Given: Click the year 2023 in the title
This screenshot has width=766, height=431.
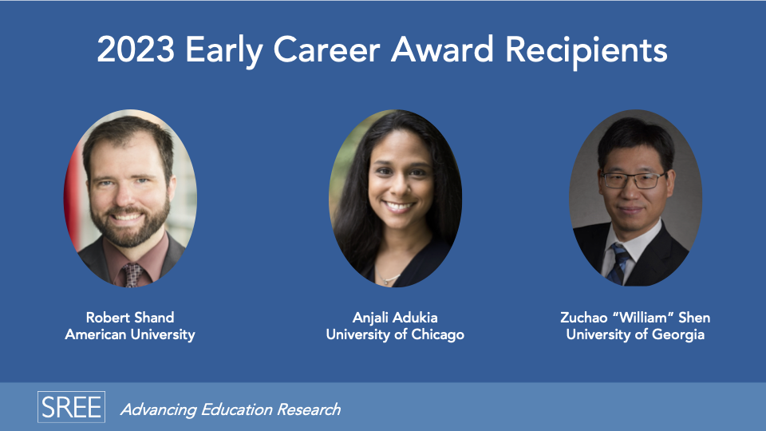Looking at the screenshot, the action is coord(136,49).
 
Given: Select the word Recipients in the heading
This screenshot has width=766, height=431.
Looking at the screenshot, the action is coord(586,52).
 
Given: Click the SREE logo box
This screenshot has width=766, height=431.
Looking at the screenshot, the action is coord(71,406).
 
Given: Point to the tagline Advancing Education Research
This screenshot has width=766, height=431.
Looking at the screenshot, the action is coord(231,409).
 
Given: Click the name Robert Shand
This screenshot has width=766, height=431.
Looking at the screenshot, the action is coord(130,318).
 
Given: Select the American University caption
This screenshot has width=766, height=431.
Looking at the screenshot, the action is coord(130,334).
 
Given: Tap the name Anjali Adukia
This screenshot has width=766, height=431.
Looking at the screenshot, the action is coord(395,318).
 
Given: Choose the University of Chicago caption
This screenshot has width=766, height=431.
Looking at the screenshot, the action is coord(395,334).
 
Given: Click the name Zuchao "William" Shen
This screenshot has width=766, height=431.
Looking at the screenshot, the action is coord(635,318).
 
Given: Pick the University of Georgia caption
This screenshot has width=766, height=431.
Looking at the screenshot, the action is coord(635,334).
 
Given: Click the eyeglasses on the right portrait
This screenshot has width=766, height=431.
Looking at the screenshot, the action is coord(634,180).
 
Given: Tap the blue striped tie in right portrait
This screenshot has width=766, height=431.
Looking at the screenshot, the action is coord(618,264).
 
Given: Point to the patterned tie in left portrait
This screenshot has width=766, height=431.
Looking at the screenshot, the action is coord(133,275).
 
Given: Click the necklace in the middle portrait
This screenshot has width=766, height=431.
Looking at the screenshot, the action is coord(389,279).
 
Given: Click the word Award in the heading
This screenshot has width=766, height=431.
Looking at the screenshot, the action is coord(442,49).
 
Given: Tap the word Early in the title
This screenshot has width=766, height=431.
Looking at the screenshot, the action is coord(223,52).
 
